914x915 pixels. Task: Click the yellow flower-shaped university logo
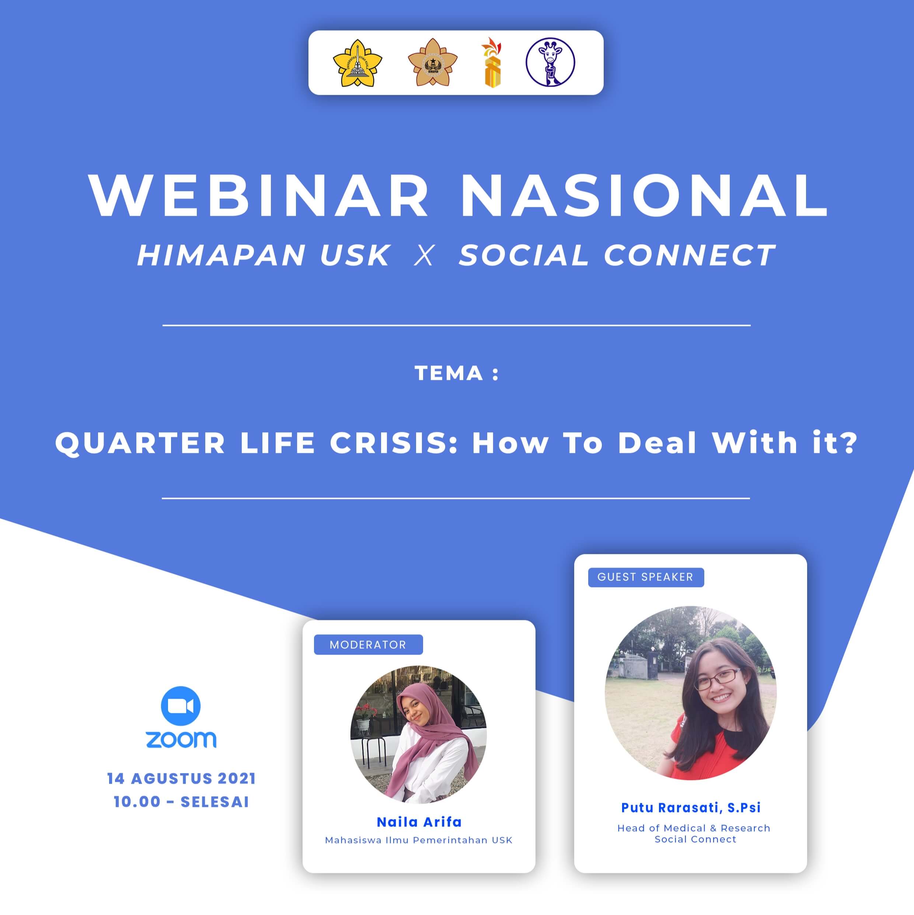(x=357, y=63)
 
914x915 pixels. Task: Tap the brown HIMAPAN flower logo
(x=432, y=63)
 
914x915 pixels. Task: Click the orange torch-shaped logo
(x=492, y=63)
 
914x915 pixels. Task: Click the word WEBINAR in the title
(x=258, y=195)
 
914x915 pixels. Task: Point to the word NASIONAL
(x=645, y=195)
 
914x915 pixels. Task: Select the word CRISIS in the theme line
(x=394, y=443)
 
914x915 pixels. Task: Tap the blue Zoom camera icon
(x=181, y=705)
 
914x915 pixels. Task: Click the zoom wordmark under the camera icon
(x=181, y=740)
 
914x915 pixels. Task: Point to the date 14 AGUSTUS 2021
(x=181, y=779)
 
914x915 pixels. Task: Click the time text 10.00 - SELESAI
(x=181, y=802)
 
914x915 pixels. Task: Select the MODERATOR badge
(x=368, y=645)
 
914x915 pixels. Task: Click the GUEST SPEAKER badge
(x=646, y=577)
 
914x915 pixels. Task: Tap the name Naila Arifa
(x=419, y=822)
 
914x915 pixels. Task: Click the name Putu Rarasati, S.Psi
(x=691, y=807)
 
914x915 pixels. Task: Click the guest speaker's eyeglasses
(x=718, y=679)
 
